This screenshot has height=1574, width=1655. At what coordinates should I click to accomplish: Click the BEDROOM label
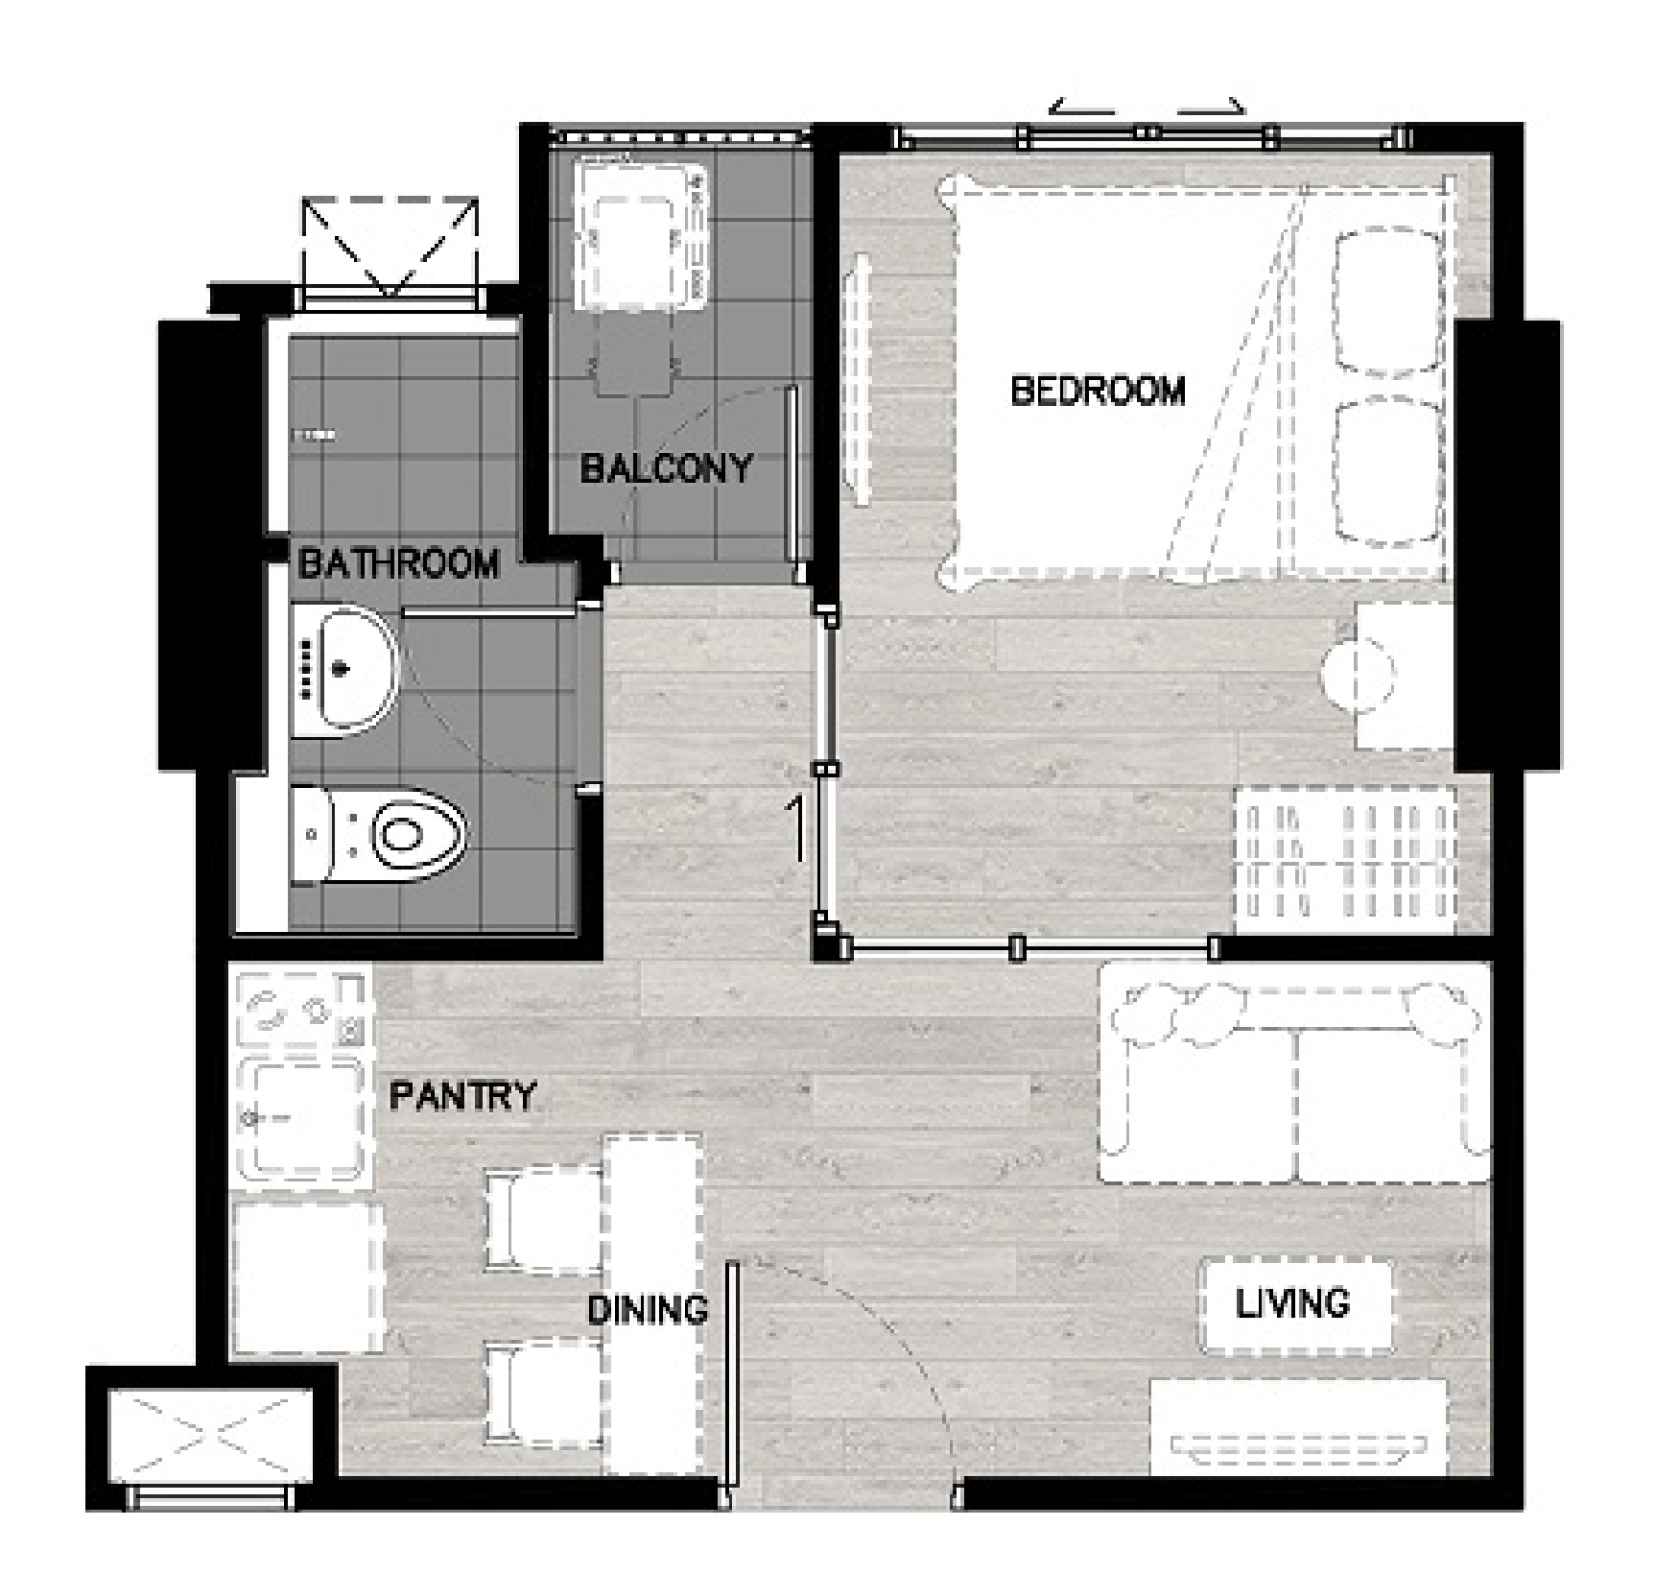(1098, 392)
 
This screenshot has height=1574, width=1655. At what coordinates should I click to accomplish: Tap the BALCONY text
(666, 468)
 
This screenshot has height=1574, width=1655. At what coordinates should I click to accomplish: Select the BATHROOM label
(399, 563)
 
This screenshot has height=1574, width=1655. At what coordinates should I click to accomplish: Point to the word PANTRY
(462, 1095)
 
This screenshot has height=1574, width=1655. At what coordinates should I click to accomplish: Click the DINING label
(648, 1309)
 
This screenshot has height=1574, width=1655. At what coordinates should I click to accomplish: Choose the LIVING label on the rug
(1292, 1303)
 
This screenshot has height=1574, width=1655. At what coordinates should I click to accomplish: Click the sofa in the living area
(1294, 1083)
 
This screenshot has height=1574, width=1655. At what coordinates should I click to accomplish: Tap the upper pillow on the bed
(1389, 300)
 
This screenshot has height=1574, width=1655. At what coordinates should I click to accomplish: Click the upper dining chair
(545, 1219)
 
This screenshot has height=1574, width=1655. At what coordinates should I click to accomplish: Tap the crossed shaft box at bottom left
(210, 1436)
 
